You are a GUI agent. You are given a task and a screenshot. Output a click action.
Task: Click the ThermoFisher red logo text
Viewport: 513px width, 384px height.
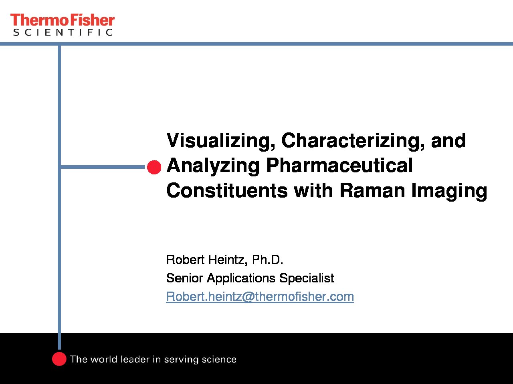63,20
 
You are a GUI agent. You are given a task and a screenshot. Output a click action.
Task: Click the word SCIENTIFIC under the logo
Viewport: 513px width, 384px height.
63,32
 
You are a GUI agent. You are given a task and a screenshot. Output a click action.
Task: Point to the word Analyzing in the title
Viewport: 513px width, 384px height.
213,166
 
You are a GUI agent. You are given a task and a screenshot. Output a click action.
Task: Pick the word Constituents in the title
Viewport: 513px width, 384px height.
227,190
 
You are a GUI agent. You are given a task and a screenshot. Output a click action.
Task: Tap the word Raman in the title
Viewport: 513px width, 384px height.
372,190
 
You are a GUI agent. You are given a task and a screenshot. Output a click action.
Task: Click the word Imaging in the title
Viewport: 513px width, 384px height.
449,191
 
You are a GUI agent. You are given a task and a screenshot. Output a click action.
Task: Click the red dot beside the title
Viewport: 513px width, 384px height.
154,167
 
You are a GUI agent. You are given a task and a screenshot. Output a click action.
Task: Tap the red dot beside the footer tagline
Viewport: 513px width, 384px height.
59,359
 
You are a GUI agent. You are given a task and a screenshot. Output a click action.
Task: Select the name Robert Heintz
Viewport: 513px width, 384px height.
207,260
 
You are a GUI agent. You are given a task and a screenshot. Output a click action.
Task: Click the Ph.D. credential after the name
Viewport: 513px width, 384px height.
268,260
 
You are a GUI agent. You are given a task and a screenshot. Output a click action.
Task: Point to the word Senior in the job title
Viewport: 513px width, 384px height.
185,278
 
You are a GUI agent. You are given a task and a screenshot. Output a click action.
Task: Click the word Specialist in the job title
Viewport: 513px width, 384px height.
307,278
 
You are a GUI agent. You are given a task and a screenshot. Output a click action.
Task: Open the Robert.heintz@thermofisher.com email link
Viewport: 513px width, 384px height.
260,297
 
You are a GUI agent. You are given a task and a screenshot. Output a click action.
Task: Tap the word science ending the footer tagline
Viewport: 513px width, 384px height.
219,360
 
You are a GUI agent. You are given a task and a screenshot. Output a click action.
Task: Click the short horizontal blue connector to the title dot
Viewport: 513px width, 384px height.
103,167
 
